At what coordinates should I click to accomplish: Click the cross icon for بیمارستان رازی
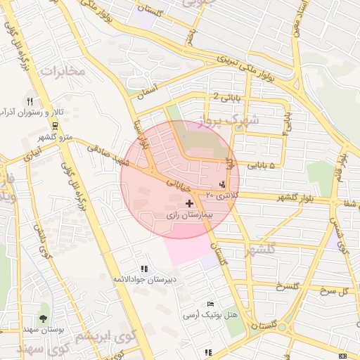point(189,202)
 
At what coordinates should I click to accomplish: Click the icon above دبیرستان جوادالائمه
point(144,269)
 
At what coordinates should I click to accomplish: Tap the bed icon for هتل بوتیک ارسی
point(211,304)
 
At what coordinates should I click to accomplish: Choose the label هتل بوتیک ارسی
point(211,315)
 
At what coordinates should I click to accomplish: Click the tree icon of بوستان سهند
point(44,308)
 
